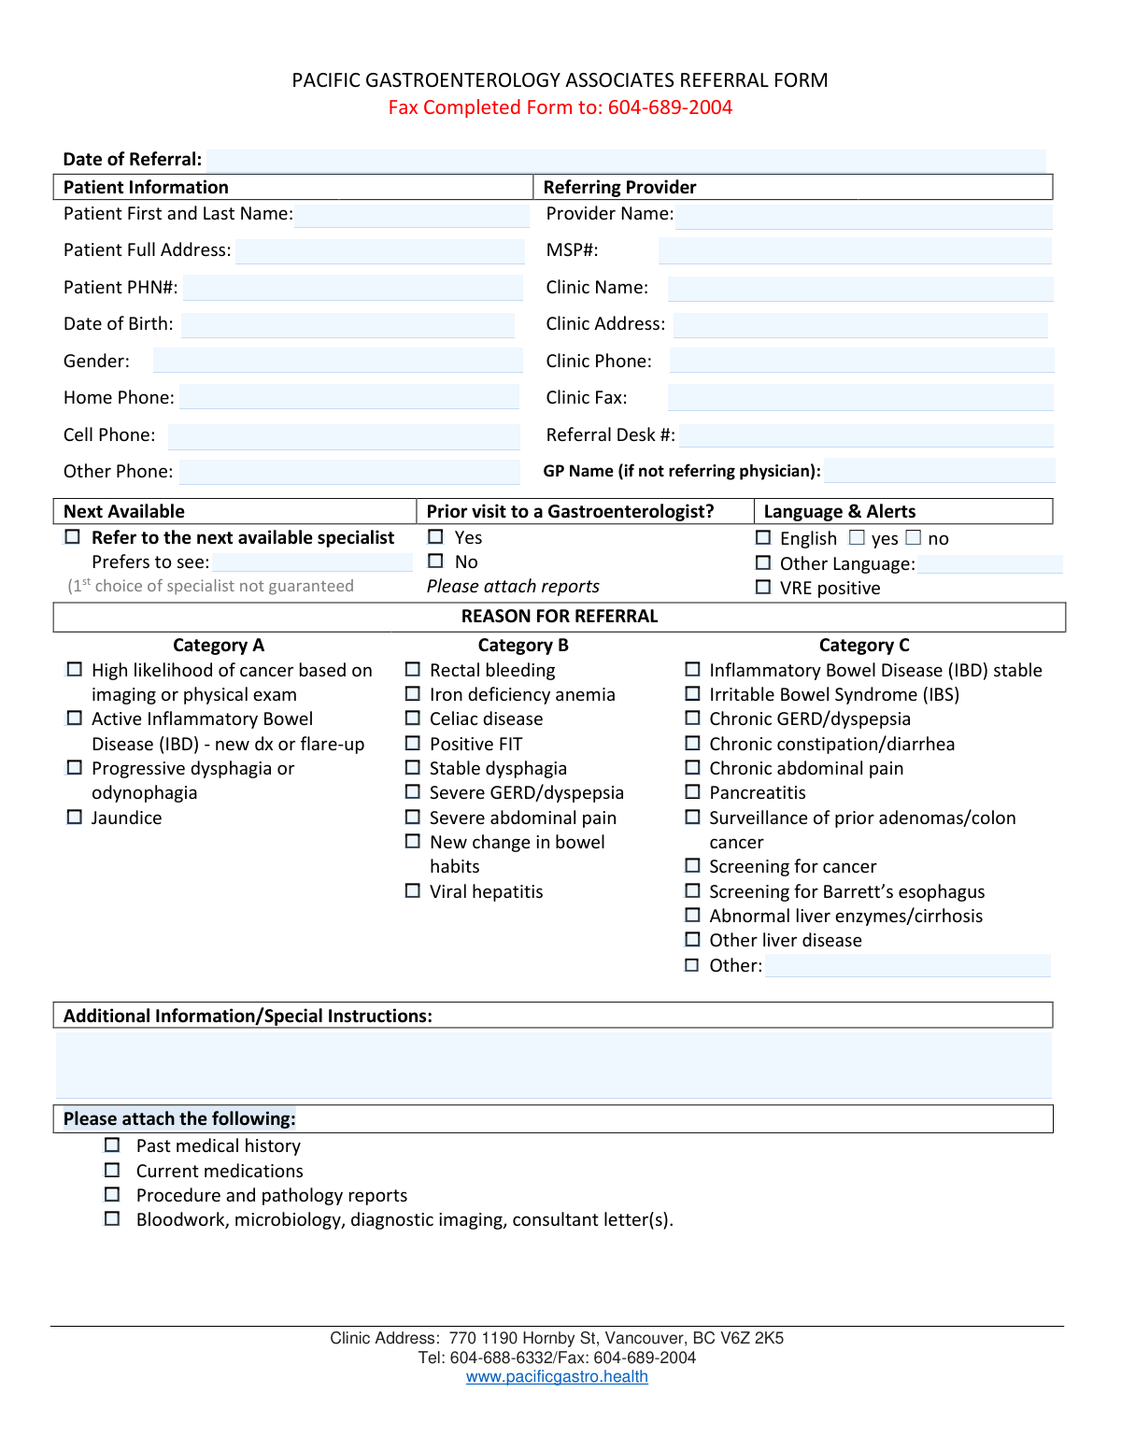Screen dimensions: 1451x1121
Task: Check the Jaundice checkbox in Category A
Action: coord(75,818)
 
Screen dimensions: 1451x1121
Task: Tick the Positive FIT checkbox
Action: coord(413,744)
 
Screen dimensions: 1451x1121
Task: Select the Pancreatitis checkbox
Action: coord(692,792)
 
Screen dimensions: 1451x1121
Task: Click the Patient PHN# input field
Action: coord(353,288)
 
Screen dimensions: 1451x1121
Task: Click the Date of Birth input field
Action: coord(348,324)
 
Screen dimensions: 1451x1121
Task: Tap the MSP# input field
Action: coord(855,250)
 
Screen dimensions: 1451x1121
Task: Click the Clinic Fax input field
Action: coord(860,398)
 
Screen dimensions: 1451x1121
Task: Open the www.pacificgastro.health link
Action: coord(557,1377)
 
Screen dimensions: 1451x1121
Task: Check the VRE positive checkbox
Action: coord(763,588)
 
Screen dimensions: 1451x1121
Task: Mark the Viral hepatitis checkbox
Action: coord(413,891)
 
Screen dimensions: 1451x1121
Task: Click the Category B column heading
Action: coord(523,646)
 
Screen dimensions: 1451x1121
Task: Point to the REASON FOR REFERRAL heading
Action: coord(560,617)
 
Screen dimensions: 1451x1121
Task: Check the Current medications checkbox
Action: coord(112,1171)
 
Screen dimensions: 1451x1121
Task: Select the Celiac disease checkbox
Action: coord(413,718)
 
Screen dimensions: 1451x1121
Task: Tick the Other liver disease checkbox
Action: coord(692,940)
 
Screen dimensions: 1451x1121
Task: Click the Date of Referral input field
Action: coord(626,160)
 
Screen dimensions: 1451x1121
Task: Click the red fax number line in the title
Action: coord(560,107)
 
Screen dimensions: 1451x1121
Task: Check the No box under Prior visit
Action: coord(435,562)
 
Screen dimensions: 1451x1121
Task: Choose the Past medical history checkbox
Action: coord(112,1145)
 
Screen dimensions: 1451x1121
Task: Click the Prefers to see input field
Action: coord(312,562)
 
